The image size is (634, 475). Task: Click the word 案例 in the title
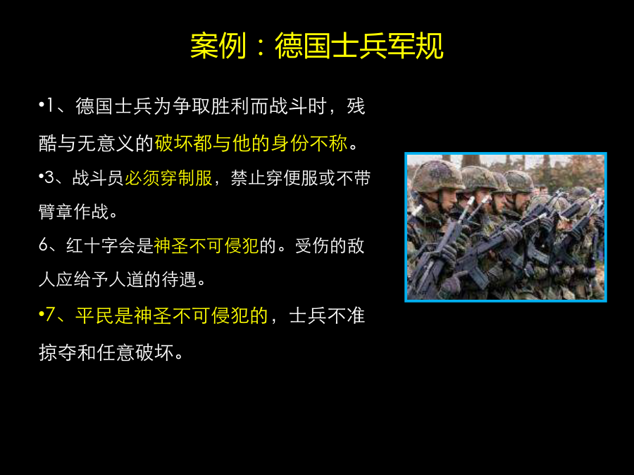tap(218, 46)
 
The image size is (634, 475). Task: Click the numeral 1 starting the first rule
tap(50, 106)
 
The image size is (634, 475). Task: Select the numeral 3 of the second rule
tap(49, 178)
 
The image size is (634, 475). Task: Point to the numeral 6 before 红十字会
tap(44, 245)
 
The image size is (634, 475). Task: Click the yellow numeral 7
tap(50, 315)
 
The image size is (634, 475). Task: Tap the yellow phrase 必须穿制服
tap(168, 178)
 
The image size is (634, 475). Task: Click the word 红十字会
tap(101, 245)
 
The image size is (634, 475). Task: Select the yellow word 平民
tap(94, 315)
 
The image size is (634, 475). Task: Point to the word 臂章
tap(56, 211)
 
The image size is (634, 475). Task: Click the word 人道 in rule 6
tap(126, 279)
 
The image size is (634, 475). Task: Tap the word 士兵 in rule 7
tap(308, 315)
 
